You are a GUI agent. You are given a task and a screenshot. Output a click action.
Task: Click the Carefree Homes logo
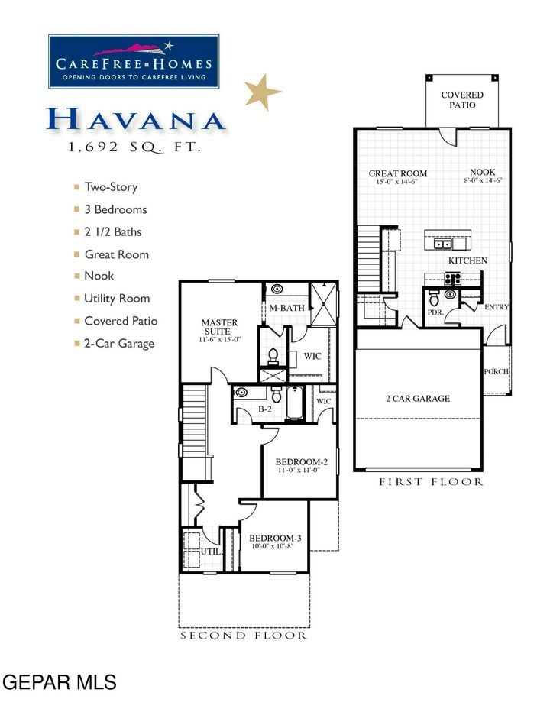pos(134,61)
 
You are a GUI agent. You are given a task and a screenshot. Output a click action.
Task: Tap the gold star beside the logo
pos(263,91)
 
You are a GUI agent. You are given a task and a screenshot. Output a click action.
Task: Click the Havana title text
pos(135,120)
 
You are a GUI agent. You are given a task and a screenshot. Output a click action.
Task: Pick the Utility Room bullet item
pos(116,299)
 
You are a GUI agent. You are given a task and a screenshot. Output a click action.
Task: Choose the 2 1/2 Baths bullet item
pos(112,232)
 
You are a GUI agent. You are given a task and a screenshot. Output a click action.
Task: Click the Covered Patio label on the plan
pos(462,100)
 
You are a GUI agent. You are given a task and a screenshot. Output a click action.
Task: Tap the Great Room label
pos(397,173)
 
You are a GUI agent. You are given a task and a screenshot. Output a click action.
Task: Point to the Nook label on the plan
pos(482,173)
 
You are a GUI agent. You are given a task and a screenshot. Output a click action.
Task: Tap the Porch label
pos(497,372)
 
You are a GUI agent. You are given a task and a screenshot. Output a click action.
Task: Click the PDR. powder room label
pos(435,312)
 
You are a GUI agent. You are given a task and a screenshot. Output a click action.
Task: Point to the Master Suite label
pos(219,328)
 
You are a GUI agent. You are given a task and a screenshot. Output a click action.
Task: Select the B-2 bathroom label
pos(265,410)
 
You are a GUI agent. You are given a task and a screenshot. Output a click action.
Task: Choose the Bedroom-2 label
pos(301,462)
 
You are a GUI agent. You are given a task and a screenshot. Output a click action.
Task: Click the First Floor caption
pos(431,482)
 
